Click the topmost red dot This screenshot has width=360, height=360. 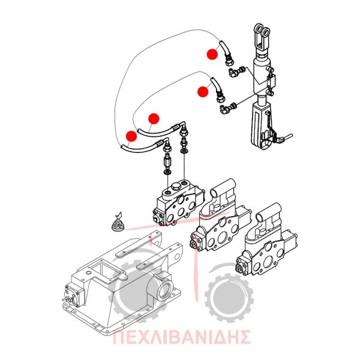212,54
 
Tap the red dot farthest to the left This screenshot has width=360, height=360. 131,136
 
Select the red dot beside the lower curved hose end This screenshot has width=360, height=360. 203,91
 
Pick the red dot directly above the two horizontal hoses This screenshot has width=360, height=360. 154,119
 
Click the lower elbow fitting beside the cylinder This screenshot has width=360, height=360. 227,109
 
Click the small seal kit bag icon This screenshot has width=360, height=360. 118,223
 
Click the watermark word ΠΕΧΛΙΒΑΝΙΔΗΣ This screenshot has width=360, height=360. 181,337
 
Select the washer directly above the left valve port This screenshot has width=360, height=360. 167,172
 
